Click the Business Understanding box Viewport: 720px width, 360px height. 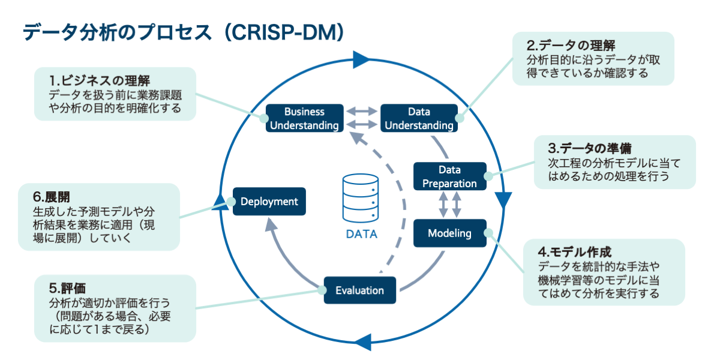[304, 118]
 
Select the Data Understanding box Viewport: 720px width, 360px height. [419, 118]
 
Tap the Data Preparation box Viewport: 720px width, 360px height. [449, 176]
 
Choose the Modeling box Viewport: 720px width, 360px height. [449, 233]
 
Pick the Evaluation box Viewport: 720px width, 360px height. [359, 290]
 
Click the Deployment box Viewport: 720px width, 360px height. [269, 202]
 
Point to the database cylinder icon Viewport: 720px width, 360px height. [360, 197]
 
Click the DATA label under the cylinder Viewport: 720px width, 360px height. [361, 235]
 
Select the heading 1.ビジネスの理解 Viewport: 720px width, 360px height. [100, 80]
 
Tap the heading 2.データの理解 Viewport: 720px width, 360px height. [571, 46]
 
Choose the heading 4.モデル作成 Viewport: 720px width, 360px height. [575, 251]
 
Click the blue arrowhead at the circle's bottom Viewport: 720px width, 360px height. [360, 343]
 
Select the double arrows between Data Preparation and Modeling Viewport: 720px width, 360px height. [449, 205]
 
